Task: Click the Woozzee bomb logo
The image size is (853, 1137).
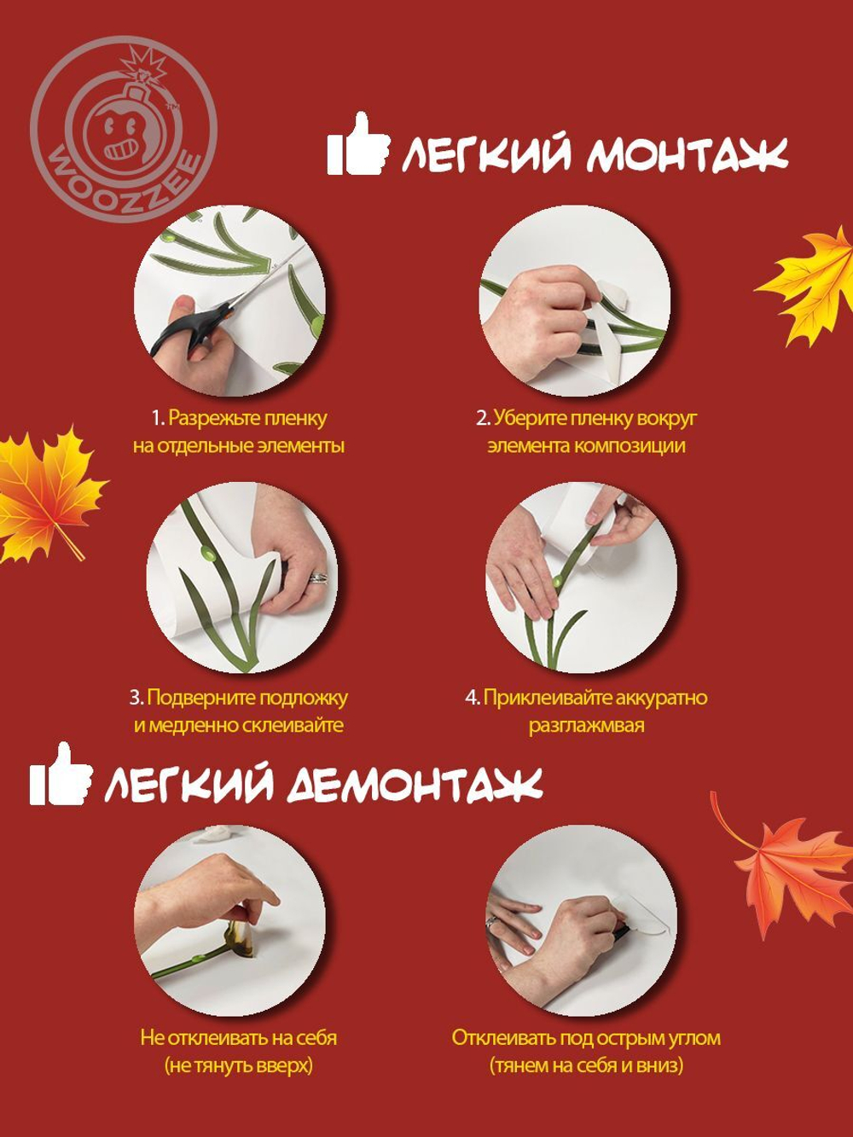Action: pyautogui.click(x=124, y=130)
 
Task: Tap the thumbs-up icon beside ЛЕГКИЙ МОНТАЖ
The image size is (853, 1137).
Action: pyautogui.click(x=357, y=147)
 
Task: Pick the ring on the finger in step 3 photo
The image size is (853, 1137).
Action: pyautogui.click(x=317, y=577)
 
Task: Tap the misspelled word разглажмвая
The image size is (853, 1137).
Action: pyautogui.click(x=586, y=725)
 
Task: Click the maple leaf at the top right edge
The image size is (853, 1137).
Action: pyautogui.click(x=810, y=286)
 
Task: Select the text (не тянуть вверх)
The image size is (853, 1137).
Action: pyautogui.click(x=238, y=1065)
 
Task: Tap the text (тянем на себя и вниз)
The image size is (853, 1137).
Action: pyautogui.click(x=586, y=1065)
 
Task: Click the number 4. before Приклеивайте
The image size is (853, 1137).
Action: pyautogui.click(x=473, y=697)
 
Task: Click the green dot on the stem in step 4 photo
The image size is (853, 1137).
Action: pyautogui.click(x=557, y=581)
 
